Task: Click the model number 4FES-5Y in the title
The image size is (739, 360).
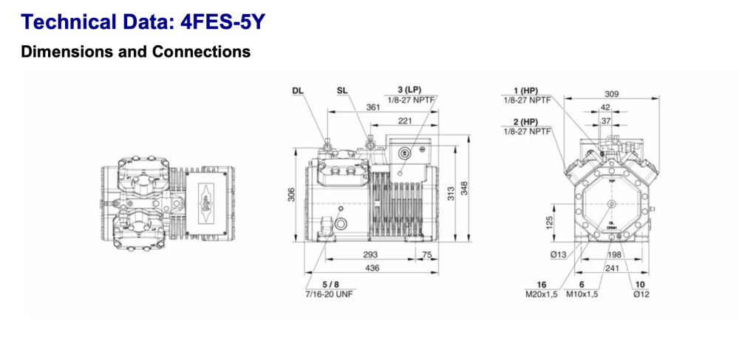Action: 222,22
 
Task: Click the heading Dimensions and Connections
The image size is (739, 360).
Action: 136,52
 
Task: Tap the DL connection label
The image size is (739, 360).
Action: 298,91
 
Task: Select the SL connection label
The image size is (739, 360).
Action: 342,91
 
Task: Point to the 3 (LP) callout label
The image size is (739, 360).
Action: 404,89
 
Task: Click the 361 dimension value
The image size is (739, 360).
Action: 373,108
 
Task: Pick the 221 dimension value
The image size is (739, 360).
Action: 405,120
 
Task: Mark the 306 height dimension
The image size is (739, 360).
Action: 290,195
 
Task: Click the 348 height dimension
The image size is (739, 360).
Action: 464,189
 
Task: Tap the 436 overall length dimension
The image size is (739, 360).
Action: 371,268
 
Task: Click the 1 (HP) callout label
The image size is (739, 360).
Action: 524,90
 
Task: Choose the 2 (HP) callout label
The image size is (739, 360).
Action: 524,121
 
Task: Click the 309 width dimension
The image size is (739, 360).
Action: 610,94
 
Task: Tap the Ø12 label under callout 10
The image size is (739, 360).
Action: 640,294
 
